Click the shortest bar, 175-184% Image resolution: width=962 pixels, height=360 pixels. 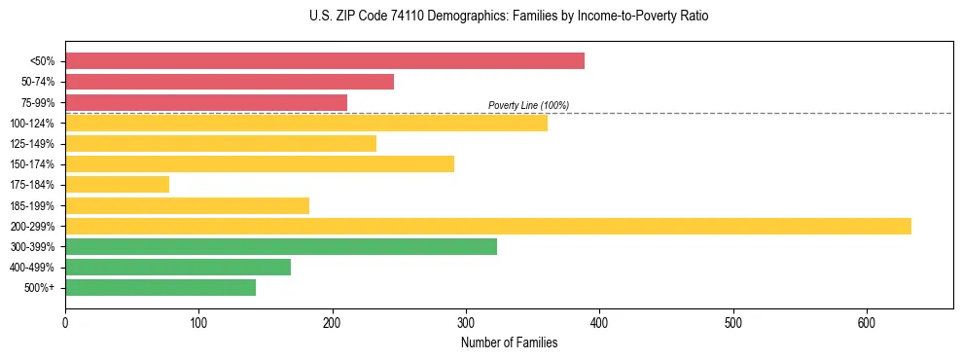(117, 184)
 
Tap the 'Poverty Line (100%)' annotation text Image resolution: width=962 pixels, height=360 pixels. (528, 105)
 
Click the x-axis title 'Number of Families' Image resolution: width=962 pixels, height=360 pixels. (509, 342)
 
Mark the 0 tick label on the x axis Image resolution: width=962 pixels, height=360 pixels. (65, 322)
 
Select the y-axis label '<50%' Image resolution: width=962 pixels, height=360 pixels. (42, 61)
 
